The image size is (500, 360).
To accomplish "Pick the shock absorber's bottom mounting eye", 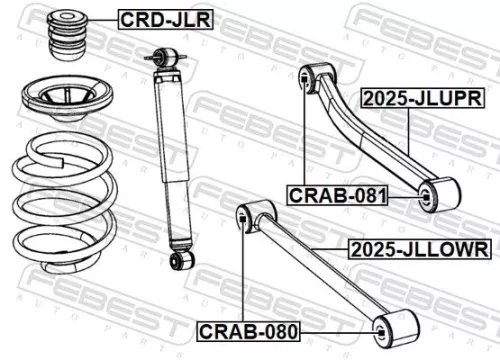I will [180, 261].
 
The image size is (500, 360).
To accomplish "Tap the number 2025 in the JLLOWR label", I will [371, 247].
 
